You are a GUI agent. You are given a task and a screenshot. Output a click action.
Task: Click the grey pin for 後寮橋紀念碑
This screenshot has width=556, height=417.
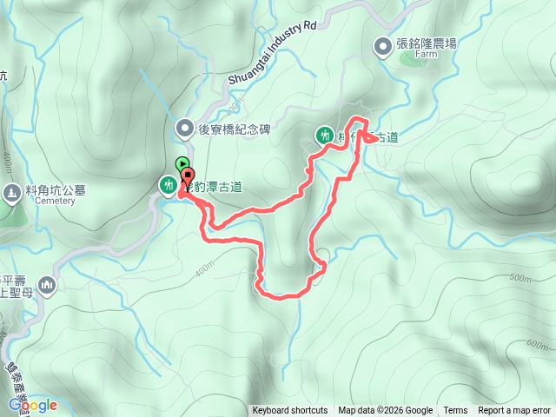(184, 129)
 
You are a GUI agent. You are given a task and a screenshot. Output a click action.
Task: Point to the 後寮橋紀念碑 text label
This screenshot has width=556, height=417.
(235, 129)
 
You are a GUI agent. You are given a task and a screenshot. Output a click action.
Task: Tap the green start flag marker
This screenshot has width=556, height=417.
(182, 162)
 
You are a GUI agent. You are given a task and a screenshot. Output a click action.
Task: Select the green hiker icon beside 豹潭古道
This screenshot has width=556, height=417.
(167, 184)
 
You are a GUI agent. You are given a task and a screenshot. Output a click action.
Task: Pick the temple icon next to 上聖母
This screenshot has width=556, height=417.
(45, 285)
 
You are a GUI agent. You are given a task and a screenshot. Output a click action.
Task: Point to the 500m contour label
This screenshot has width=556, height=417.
(520, 279)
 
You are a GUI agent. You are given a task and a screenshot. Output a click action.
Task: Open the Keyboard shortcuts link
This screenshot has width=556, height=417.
(289, 411)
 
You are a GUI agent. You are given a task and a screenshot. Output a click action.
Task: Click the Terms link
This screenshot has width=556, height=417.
(455, 411)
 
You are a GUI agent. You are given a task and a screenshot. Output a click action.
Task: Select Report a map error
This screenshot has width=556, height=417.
(515, 411)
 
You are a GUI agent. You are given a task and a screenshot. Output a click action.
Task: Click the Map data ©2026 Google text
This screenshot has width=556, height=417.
(385, 411)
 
